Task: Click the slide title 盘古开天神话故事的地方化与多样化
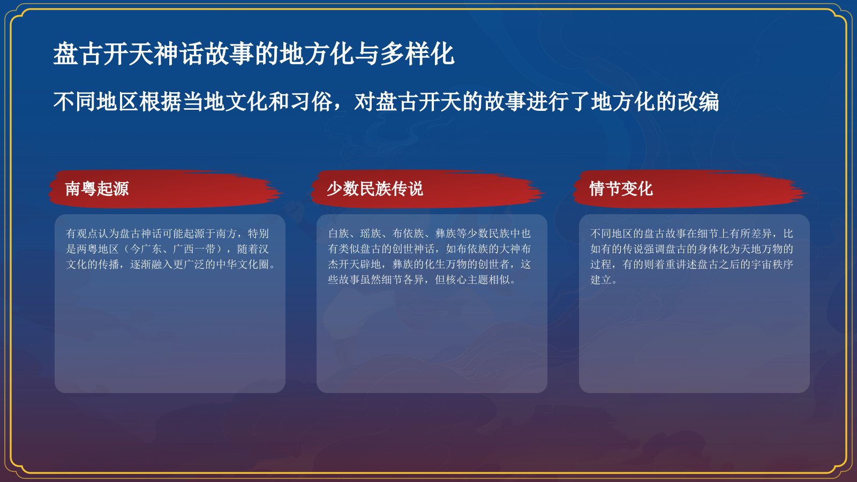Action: [x=253, y=54]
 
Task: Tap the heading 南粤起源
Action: [x=97, y=189]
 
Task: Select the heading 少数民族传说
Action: [x=375, y=189]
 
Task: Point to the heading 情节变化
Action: [x=621, y=189]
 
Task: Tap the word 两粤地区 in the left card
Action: [x=97, y=249]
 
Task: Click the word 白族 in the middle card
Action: [x=339, y=234]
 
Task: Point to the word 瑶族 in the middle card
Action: [x=371, y=234]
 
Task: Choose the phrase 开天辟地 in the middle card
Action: [x=360, y=265]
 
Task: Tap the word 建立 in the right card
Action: [x=600, y=280]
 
